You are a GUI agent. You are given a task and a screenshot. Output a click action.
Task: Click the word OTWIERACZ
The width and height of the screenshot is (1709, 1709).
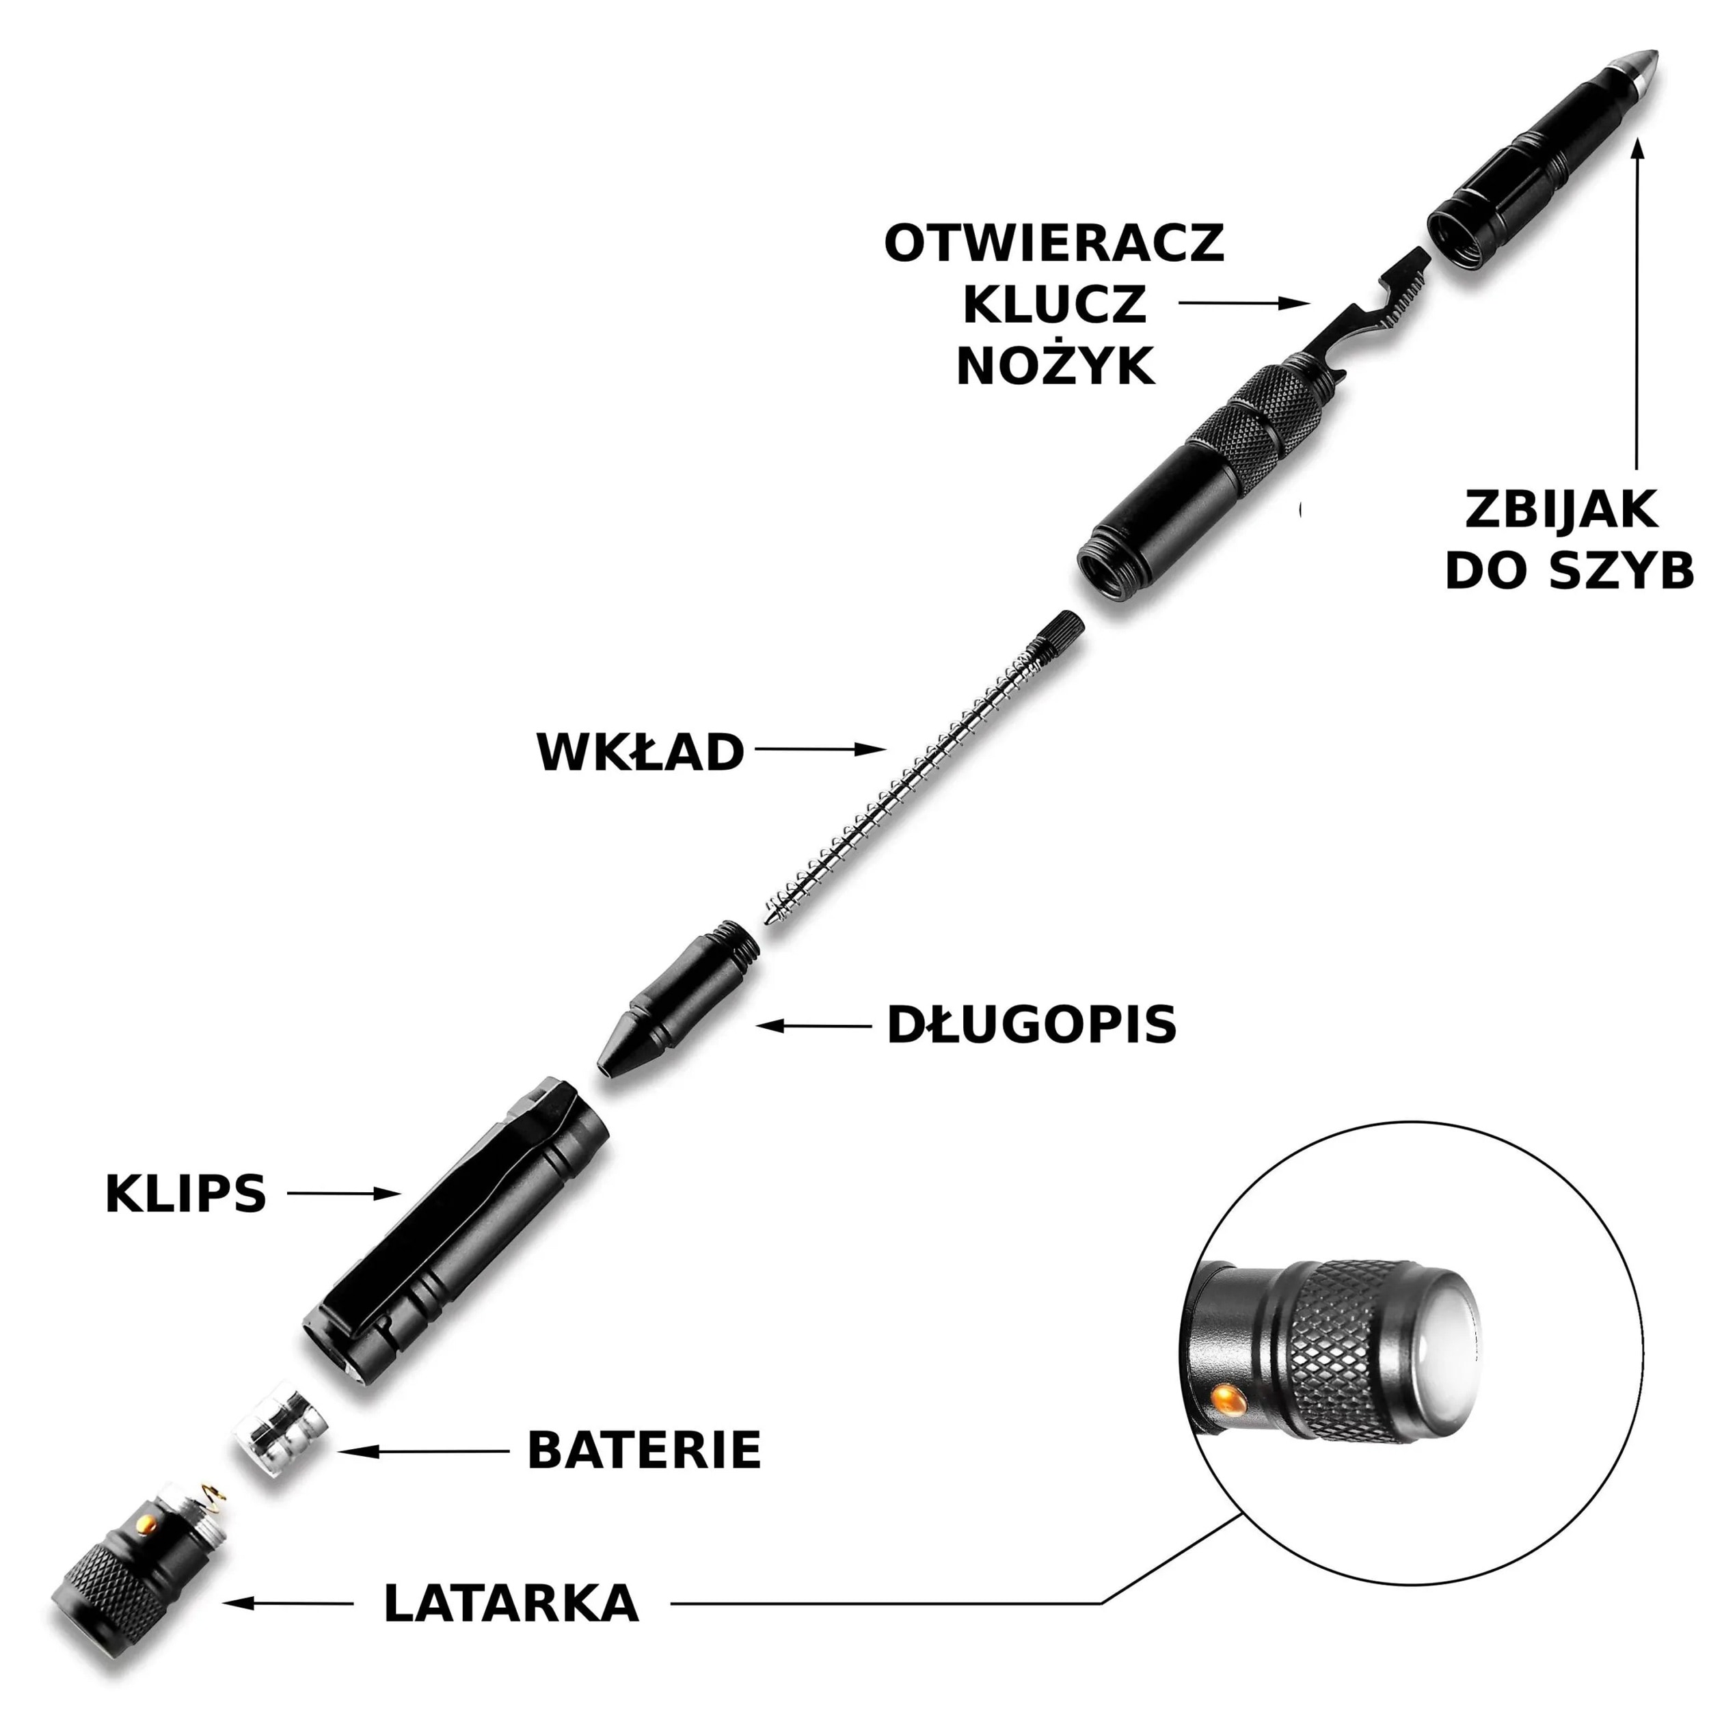(1054, 243)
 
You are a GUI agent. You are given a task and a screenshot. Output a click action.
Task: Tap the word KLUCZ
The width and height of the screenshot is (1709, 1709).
(1054, 304)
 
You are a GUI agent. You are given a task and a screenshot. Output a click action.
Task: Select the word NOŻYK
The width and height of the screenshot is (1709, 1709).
(1056, 365)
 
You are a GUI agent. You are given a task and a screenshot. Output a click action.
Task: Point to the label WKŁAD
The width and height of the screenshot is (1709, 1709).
(641, 753)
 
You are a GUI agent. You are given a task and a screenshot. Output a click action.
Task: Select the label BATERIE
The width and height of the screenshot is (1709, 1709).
(644, 1450)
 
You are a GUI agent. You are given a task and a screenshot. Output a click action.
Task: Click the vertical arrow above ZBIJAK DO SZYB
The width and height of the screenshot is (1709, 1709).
(1638, 301)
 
